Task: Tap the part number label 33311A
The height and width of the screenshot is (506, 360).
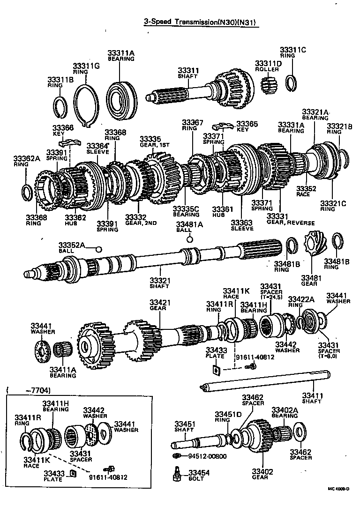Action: pos(121,53)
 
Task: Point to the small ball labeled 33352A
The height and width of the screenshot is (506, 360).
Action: pos(98,249)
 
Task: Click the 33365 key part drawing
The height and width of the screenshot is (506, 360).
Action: pos(223,126)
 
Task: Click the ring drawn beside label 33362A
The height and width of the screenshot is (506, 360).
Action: pos(28,192)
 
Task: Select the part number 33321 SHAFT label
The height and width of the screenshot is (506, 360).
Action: pos(159,280)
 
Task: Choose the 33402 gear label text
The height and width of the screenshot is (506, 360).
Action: pos(262,471)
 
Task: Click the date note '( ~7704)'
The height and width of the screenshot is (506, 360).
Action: pos(29,390)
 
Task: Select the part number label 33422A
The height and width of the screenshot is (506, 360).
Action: pos(301,299)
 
